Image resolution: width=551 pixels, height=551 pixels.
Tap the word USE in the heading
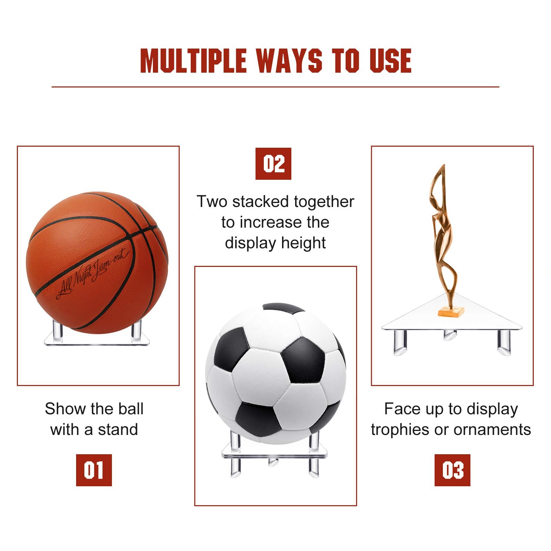point(391,61)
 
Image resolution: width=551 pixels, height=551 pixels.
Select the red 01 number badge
point(94,470)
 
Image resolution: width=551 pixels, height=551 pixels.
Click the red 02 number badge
point(273,164)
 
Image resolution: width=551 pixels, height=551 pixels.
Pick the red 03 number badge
point(453,470)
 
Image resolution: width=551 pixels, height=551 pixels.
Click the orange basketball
point(97,263)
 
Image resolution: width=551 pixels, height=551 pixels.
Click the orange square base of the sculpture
point(451,312)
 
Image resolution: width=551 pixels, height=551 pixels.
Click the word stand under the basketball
point(118,429)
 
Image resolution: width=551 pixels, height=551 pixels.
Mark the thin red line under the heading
point(275,87)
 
